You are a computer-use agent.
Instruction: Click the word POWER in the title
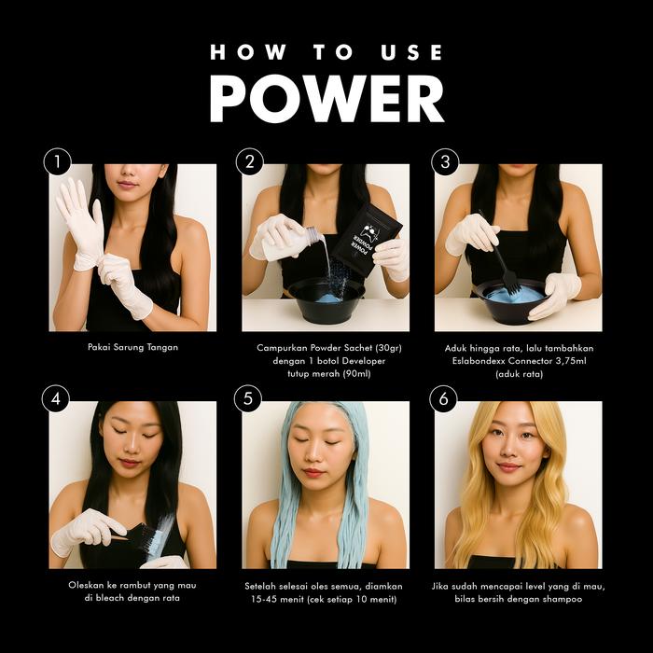pyautogui.click(x=326, y=99)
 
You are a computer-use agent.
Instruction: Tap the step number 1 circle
pyautogui.click(x=58, y=161)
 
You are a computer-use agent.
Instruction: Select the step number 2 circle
pyautogui.click(x=250, y=161)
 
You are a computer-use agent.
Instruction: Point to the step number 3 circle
pyautogui.click(x=445, y=161)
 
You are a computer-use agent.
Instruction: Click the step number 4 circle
pyautogui.click(x=56, y=398)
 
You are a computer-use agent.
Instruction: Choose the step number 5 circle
pyautogui.click(x=248, y=398)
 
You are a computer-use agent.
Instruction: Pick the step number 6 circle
pyautogui.click(x=443, y=398)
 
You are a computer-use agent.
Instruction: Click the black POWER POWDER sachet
pyautogui.click(x=367, y=240)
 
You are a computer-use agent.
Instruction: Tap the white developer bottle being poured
pyautogui.click(x=286, y=243)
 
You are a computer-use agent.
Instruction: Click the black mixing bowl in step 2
pyautogui.click(x=326, y=299)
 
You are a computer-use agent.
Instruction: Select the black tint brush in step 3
pyautogui.click(x=501, y=255)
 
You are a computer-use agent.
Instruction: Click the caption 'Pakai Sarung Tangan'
pyautogui.click(x=132, y=347)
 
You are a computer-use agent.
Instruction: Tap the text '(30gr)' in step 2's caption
pyautogui.click(x=388, y=348)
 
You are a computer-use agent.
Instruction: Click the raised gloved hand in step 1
pyautogui.click(x=81, y=224)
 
